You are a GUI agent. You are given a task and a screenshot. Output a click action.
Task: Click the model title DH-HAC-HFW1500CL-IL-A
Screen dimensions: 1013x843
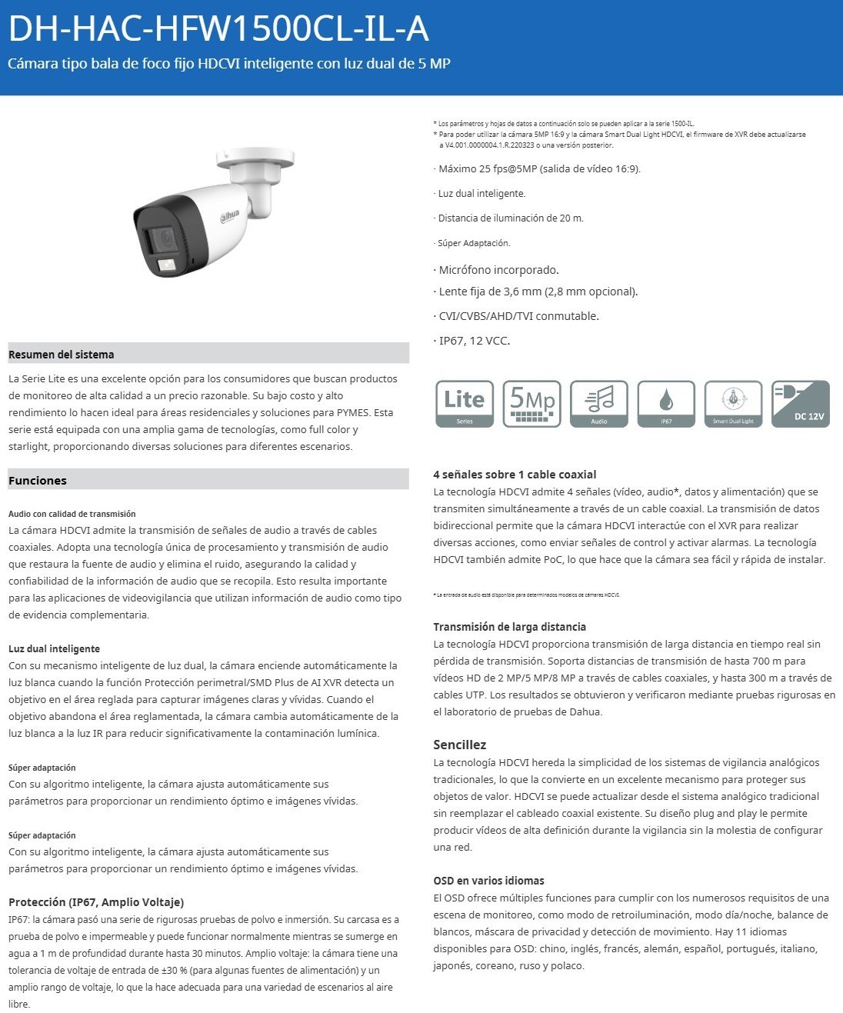point(218,29)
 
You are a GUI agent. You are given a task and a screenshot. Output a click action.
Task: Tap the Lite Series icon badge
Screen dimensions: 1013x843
point(465,404)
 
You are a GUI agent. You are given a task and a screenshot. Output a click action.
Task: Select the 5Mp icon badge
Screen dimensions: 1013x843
point(531,404)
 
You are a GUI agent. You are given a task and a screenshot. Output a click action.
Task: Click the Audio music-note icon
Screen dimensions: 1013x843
point(599,404)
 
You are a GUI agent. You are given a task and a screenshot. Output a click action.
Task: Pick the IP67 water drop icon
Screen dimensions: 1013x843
point(666,404)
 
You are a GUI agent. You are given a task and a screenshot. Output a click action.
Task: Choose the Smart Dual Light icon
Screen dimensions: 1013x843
point(733,404)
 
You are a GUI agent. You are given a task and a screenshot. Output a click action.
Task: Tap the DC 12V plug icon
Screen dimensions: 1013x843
point(801,404)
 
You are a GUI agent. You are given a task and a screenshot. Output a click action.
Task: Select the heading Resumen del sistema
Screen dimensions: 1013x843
point(62,355)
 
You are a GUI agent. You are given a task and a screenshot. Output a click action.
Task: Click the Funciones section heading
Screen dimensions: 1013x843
point(38,481)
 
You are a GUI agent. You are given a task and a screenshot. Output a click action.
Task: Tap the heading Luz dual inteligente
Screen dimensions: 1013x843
point(55,648)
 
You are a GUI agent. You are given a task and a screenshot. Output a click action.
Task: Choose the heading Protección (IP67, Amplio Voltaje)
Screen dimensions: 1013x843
point(96,902)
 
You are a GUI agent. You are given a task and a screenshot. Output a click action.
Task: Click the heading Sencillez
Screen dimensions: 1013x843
point(460,745)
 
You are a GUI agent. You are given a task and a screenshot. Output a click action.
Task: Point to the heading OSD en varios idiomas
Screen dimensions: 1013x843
point(488,881)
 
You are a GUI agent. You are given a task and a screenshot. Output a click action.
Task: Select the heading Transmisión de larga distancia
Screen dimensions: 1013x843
point(509,627)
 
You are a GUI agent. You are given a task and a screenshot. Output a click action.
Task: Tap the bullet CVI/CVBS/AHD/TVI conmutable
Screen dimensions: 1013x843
point(518,316)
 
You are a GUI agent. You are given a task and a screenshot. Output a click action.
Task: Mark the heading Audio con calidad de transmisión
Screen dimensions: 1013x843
point(72,514)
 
